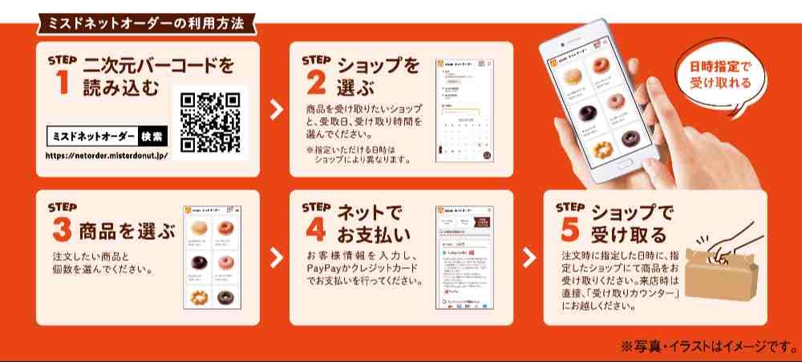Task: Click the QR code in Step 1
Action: click(210, 123)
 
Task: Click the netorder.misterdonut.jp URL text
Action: click(107, 155)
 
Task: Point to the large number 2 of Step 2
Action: click(316, 83)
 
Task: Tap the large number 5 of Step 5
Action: click(570, 229)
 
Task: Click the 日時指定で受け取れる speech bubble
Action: click(720, 75)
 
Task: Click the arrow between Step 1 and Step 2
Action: click(275, 110)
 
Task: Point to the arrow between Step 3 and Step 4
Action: click(275, 257)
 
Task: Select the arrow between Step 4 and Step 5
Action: click(529, 257)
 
